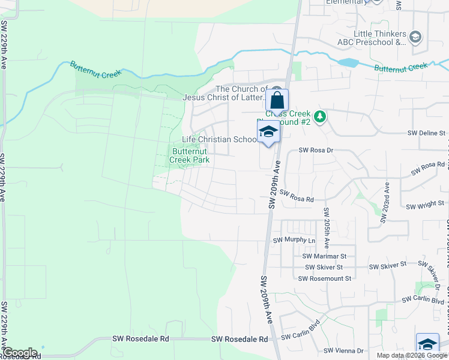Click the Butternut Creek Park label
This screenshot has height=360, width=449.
189,155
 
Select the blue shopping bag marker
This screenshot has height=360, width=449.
277,100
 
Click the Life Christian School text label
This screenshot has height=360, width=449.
219,140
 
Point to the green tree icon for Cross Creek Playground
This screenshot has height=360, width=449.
321,116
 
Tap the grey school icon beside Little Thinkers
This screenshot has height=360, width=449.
415,38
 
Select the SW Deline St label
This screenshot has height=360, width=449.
427,133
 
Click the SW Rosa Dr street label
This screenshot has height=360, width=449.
316,151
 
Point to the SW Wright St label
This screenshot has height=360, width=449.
425,206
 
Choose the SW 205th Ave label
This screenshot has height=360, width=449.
327,229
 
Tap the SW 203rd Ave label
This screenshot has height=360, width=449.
385,203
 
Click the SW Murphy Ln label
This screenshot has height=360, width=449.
294,241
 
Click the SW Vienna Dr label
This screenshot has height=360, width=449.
344,351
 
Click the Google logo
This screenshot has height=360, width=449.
20,353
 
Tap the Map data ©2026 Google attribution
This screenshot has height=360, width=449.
412,355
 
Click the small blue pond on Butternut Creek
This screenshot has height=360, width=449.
347,62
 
